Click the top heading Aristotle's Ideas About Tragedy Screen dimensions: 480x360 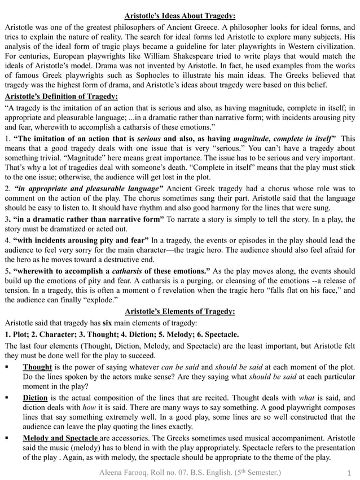click(x=180, y=16)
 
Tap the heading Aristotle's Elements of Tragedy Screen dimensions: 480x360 click(x=180, y=311)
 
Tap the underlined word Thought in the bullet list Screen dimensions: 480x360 click(x=38, y=367)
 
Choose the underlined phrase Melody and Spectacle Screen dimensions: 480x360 click(x=61, y=437)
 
